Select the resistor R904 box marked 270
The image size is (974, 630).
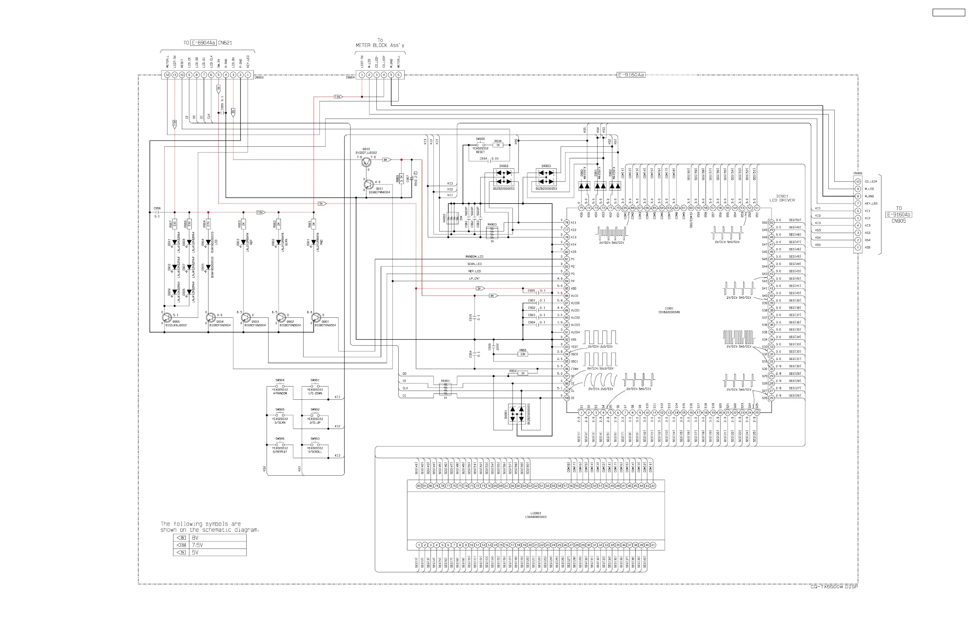click(208, 224)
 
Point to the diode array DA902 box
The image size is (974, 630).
click(504, 177)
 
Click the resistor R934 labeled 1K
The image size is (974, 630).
click(498, 145)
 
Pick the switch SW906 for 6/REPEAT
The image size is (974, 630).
click(280, 444)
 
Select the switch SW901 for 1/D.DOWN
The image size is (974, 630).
click(315, 386)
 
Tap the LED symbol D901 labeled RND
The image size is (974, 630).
click(314, 242)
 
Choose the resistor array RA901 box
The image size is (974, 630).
click(445, 389)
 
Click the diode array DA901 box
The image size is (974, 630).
click(517, 414)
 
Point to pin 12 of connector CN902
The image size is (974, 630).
click(168, 75)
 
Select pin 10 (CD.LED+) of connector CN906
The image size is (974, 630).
click(858, 182)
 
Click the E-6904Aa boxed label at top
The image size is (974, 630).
click(203, 43)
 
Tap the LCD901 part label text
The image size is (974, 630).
click(536, 515)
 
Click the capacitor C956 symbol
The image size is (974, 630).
click(157, 212)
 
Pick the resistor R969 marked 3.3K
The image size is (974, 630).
click(401, 179)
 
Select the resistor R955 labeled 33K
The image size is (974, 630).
click(522, 354)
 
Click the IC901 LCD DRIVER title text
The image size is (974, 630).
click(782, 198)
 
